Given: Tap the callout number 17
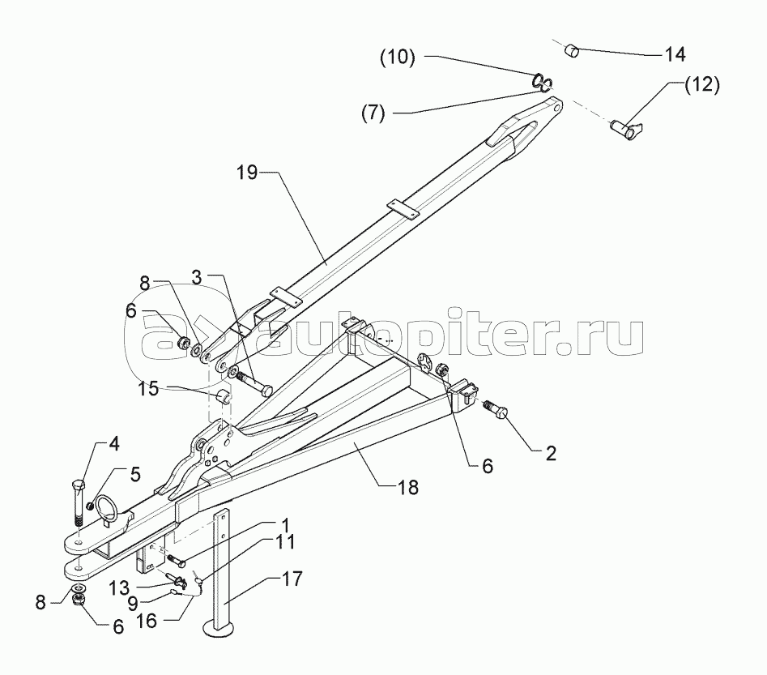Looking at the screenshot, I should click(x=292, y=579).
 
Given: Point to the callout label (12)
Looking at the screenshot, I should click(x=701, y=84).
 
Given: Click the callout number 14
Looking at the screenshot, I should click(x=674, y=54).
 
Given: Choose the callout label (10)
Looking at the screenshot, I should click(x=398, y=58).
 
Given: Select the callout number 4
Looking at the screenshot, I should click(x=114, y=444).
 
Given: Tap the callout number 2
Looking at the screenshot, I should click(x=550, y=454).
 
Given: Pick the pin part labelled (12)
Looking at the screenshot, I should click(x=624, y=126).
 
